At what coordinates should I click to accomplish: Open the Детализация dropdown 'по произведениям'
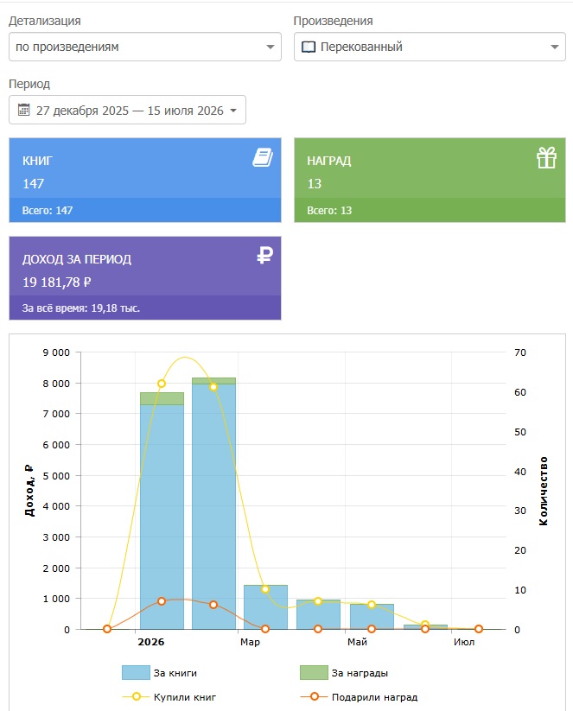tap(144, 47)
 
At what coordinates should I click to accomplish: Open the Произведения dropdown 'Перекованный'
tap(430, 47)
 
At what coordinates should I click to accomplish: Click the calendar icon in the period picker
tap(23, 110)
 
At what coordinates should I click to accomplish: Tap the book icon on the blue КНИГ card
tap(263, 157)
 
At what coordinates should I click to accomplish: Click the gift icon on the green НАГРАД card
tap(546, 158)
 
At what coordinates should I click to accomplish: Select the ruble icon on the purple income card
tap(265, 255)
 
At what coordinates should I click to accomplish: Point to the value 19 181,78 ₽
tap(57, 282)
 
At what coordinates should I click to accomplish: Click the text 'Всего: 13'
tap(329, 211)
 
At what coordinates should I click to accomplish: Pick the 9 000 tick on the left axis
tap(56, 352)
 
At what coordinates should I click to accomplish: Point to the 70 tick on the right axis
tap(520, 352)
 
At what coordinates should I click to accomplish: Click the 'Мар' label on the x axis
tap(250, 642)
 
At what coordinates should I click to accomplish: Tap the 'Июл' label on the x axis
tap(464, 642)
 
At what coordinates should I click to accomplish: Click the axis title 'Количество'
tap(543, 491)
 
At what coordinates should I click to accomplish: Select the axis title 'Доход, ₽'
tap(29, 490)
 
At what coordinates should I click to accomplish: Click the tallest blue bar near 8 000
tap(213, 506)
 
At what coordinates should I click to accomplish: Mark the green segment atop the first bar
tap(162, 398)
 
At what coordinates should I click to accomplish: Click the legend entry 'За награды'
tap(344, 673)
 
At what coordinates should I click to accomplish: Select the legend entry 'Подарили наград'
tap(359, 697)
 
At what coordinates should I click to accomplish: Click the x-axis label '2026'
tap(151, 642)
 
